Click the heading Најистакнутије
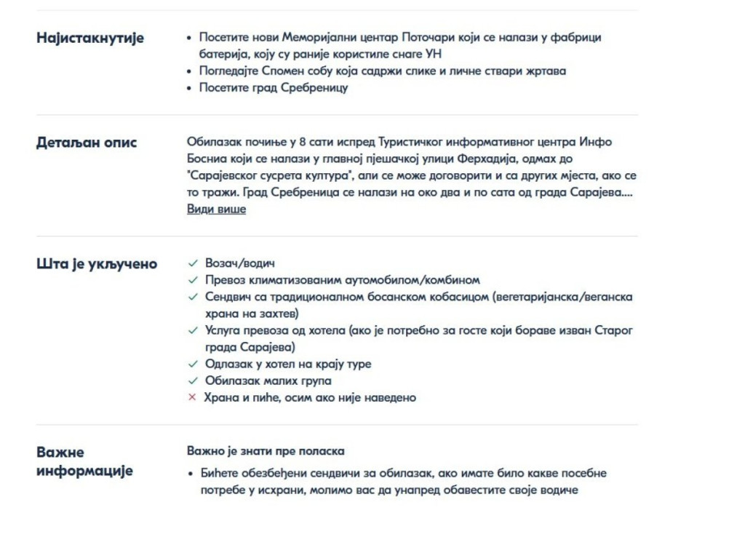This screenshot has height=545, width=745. click(x=90, y=38)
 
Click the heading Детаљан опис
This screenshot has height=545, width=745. click(x=87, y=143)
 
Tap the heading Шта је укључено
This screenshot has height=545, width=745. click(x=97, y=263)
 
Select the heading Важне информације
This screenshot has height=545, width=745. click(x=84, y=461)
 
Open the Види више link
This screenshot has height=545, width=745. click(x=216, y=209)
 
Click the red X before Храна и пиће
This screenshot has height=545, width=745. click(x=192, y=397)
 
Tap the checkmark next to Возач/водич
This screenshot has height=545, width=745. click(x=192, y=263)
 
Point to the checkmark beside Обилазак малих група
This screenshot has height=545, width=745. click(x=192, y=381)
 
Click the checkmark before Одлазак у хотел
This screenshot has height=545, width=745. click(x=192, y=364)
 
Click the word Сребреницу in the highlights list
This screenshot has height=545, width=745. click(x=314, y=87)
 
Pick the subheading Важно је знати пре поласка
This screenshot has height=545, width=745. click(x=265, y=451)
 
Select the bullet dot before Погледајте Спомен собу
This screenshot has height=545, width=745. click(x=191, y=71)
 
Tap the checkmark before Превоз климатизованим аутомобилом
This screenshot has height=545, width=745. click(x=192, y=280)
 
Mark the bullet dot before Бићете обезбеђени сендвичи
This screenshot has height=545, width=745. click(x=191, y=474)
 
